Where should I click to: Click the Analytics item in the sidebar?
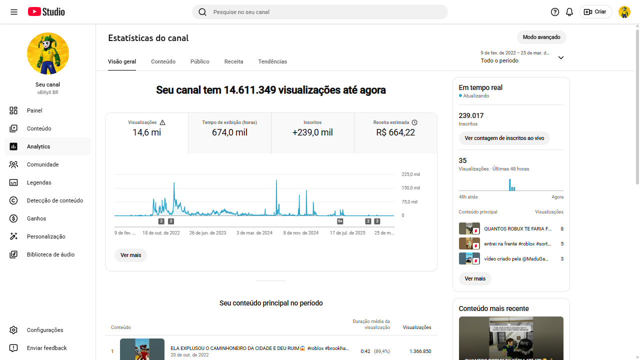click(38, 146)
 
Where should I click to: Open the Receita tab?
click(233, 61)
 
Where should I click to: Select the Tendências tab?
click(272, 61)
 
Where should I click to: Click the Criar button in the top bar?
click(595, 12)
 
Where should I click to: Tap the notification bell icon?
click(569, 12)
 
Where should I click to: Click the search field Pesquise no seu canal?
click(320, 12)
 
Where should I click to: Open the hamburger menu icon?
click(14, 12)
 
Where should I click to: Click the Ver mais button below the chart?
click(130, 255)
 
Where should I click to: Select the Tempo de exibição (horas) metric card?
click(229, 132)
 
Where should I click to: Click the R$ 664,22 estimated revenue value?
click(395, 132)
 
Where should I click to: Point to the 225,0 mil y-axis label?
click(410, 174)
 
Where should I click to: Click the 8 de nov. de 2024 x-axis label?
click(300, 233)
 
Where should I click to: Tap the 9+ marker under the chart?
click(340, 221)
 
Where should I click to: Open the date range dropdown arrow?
click(560, 57)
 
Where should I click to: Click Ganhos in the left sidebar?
click(36, 218)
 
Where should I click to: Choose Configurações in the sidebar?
click(45, 330)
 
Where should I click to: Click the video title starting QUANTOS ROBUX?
click(517, 229)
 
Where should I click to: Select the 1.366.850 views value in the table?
click(420, 351)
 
